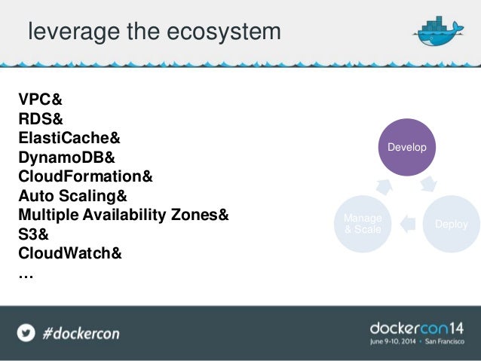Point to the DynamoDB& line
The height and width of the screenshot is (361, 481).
67,158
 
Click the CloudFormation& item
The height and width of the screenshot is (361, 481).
85,177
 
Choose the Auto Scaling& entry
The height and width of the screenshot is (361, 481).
73,197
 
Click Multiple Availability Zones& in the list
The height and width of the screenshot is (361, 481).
124,216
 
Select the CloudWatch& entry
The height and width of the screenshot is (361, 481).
70,254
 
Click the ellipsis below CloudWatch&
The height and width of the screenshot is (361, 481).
26,274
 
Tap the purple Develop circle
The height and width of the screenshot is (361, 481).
407,147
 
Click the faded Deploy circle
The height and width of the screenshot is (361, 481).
452,224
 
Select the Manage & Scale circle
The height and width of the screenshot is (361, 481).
363,223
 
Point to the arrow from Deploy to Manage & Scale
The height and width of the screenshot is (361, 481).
408,222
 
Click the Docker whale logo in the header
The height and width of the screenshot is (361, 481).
438,32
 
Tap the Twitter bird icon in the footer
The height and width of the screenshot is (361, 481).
26,332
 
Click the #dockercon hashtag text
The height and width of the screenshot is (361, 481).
81,332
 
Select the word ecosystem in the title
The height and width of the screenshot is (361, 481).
226,32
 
